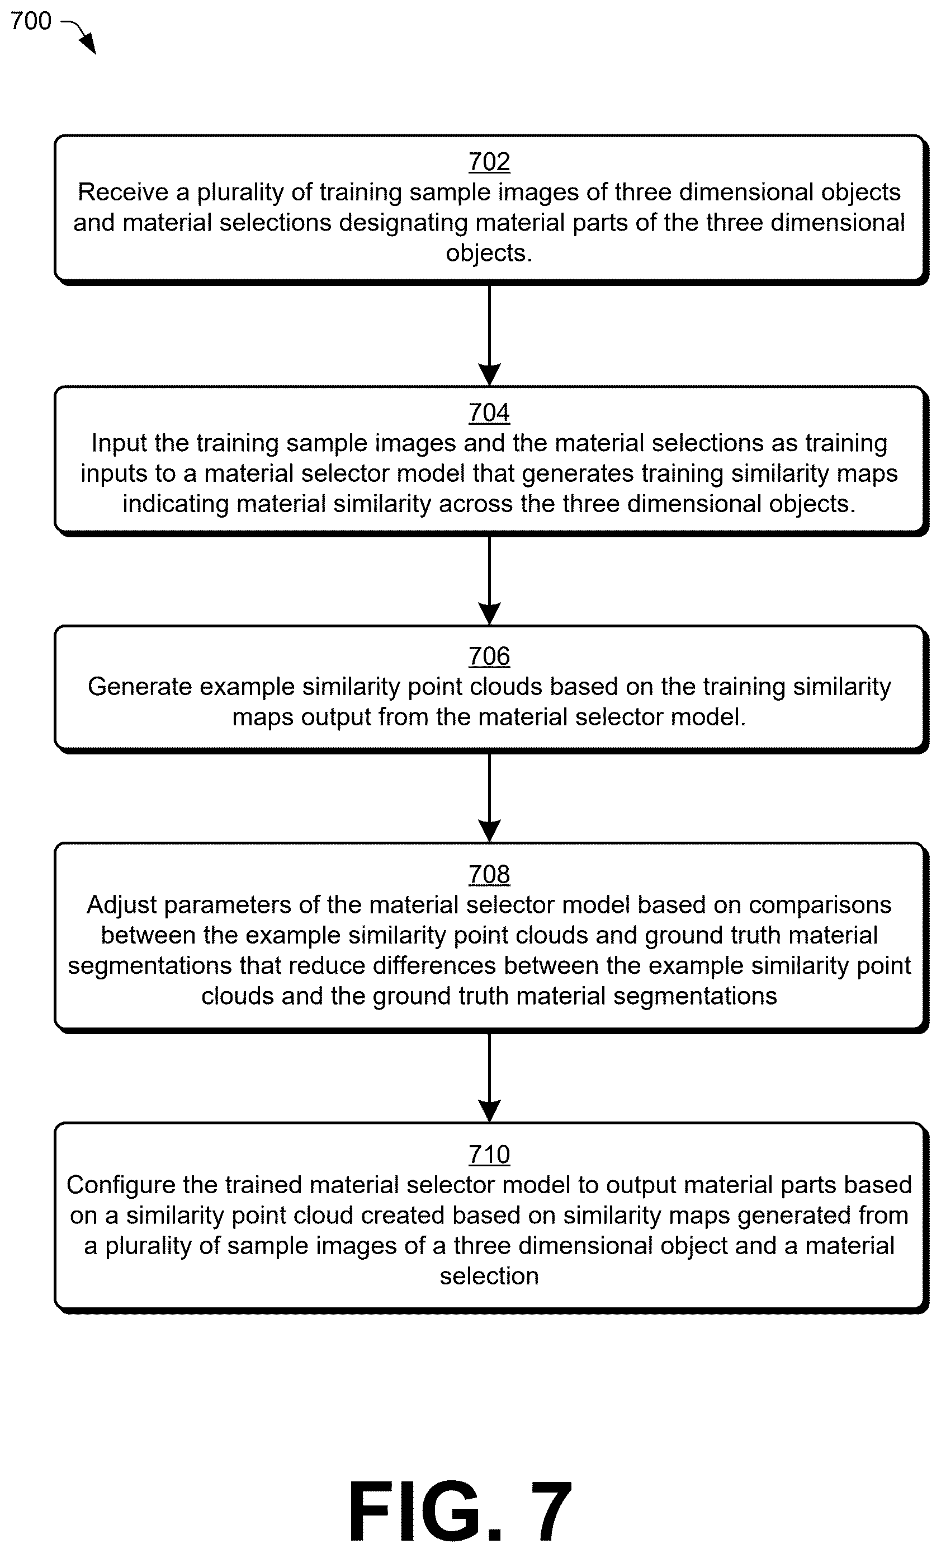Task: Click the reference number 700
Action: tap(31, 21)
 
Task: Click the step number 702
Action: tap(489, 162)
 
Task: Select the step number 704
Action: tap(489, 413)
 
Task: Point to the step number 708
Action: tap(489, 874)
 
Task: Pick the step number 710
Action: tap(489, 1154)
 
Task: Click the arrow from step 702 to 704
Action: tap(489, 335)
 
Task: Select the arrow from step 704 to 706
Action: tap(489, 580)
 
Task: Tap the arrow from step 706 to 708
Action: tap(489, 797)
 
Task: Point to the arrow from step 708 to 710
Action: tap(489, 1077)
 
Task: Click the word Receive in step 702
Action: tap(124, 191)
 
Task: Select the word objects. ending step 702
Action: tap(489, 254)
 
